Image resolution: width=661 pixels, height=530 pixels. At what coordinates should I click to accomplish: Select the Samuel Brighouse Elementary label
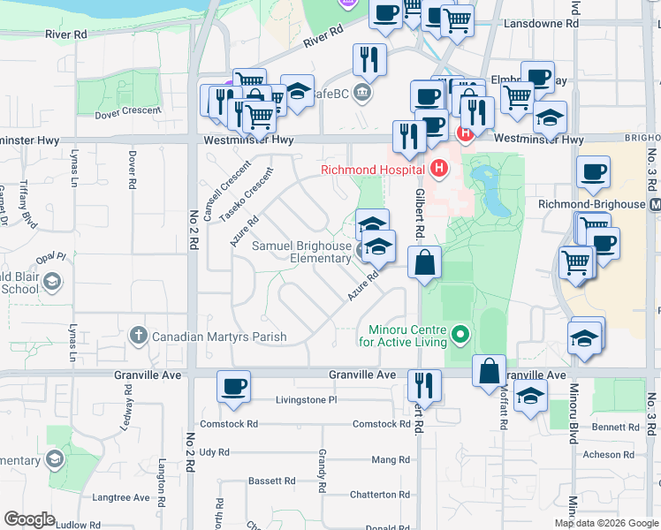point(302,252)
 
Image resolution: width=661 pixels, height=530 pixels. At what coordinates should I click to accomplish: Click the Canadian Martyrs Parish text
point(219,337)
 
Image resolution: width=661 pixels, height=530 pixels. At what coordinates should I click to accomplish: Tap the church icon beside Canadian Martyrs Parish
point(138,336)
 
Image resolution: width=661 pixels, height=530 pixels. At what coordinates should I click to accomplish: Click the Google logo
point(29,519)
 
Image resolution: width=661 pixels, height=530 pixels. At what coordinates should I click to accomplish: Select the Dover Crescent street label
point(128,112)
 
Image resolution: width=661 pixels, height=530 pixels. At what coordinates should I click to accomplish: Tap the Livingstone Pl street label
point(307,399)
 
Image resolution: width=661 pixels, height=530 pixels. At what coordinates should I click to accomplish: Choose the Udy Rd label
point(214,451)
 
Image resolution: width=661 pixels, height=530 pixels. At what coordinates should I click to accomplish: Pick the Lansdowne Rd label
point(541,25)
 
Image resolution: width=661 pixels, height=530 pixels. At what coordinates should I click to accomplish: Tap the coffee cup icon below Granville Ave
point(233,386)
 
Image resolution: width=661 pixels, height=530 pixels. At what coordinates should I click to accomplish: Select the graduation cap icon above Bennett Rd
point(529,397)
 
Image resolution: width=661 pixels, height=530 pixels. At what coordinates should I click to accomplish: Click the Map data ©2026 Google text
point(605,523)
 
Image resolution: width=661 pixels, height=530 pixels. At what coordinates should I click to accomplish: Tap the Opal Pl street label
point(51,257)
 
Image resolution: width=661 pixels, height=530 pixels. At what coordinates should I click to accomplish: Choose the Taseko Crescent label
point(247,200)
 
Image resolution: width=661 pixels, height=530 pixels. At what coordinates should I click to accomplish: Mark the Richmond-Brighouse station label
point(591,203)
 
